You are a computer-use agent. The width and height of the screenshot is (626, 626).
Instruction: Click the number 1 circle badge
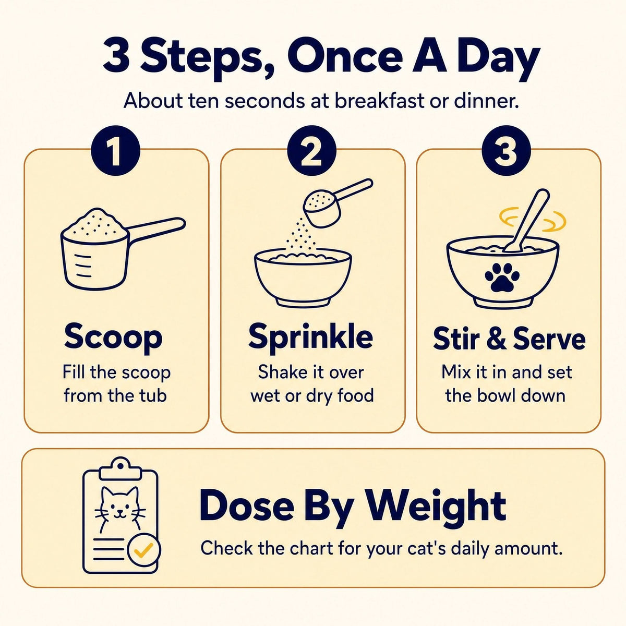click(x=115, y=151)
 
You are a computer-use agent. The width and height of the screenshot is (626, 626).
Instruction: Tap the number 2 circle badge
click(x=311, y=151)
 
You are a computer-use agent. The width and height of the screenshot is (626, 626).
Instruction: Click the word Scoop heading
click(x=114, y=338)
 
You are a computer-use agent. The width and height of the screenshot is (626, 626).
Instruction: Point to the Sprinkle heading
click(x=311, y=338)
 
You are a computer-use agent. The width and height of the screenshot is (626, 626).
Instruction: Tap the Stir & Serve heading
click(x=509, y=339)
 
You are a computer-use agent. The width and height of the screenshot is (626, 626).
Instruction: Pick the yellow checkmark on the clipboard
click(x=144, y=548)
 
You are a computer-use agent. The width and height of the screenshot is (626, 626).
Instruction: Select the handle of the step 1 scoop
click(x=156, y=231)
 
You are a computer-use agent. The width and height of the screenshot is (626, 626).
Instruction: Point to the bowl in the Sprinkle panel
click(x=303, y=278)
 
